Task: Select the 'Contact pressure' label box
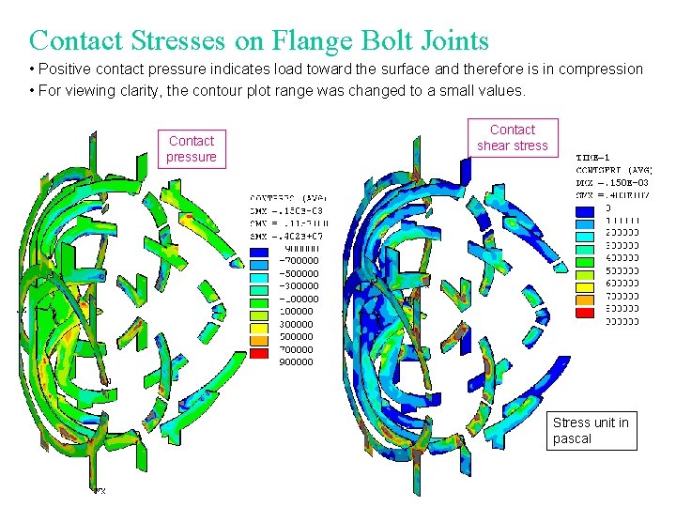(x=192, y=148)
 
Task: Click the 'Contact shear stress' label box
(x=512, y=137)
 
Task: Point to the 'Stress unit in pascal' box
(x=591, y=430)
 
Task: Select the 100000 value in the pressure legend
(x=297, y=311)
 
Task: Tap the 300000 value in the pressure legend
(x=297, y=324)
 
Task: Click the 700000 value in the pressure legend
(x=297, y=349)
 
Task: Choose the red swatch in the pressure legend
(x=259, y=355)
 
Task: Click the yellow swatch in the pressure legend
(x=259, y=330)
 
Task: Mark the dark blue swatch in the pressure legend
(x=259, y=253)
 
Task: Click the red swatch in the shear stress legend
(x=583, y=314)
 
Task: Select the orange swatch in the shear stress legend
(x=583, y=301)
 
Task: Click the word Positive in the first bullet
(x=65, y=69)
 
